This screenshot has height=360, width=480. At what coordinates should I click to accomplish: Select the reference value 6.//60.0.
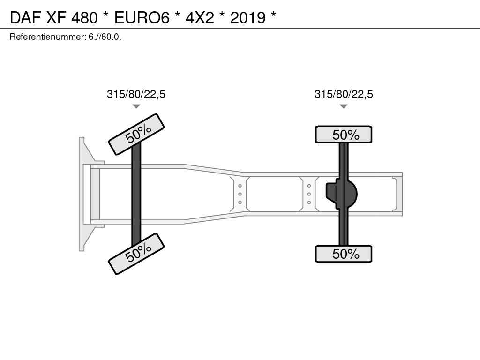click(x=105, y=37)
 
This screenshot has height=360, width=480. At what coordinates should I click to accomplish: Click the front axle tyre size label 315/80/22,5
click(x=136, y=94)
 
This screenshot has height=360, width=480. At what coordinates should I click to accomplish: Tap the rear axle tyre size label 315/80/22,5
click(x=344, y=94)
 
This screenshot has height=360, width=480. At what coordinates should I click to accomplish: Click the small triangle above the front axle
click(x=136, y=106)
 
